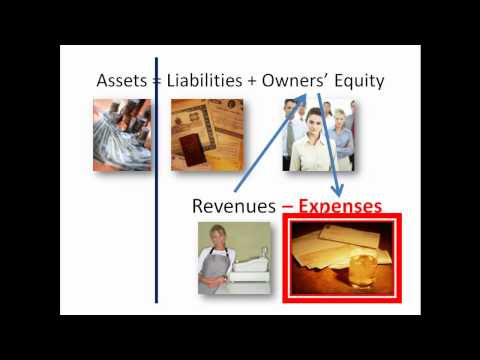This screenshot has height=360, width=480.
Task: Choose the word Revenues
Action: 233,206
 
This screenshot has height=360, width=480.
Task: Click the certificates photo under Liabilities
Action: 205,134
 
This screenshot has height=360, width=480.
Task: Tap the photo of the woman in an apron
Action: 233,258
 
